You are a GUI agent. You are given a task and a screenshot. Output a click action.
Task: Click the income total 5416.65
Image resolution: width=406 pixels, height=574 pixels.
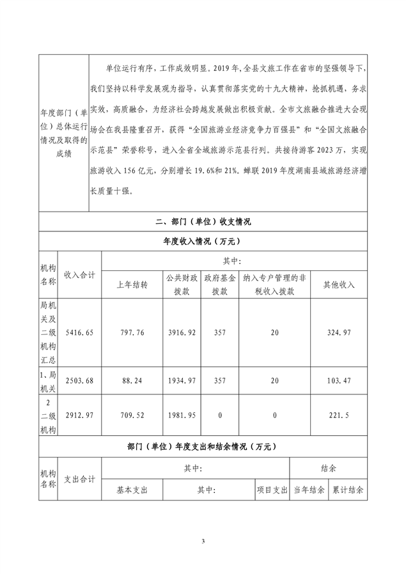(x=80, y=332)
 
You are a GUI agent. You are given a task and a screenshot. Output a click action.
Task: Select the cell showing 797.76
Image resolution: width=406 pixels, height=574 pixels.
(x=132, y=332)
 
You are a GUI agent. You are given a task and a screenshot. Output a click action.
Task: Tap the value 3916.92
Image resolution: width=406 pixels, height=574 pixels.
(x=182, y=332)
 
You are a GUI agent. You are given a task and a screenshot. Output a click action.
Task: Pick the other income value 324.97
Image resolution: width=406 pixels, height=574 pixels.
(x=339, y=332)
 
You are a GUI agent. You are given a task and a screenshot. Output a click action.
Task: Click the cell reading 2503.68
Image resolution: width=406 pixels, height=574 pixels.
(x=80, y=381)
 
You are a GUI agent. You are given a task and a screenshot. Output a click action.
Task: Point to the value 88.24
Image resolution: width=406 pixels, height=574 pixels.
(x=132, y=381)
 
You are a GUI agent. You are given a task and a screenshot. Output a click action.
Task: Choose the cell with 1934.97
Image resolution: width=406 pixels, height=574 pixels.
(x=182, y=381)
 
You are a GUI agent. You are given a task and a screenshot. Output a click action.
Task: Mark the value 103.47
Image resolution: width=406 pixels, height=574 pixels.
(x=339, y=381)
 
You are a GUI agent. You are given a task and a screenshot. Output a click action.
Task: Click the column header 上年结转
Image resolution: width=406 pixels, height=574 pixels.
(x=132, y=284)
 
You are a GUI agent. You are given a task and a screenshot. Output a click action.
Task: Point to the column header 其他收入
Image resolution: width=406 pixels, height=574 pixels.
(x=339, y=284)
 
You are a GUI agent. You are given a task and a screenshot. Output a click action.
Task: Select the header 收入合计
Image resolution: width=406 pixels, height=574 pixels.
(x=80, y=275)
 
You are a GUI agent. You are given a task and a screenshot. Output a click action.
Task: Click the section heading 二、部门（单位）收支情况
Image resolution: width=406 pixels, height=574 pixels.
(x=203, y=222)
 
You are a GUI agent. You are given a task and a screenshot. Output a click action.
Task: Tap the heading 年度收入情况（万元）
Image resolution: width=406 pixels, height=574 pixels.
(x=203, y=241)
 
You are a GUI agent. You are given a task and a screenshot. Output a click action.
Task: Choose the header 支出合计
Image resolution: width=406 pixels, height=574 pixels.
(x=80, y=479)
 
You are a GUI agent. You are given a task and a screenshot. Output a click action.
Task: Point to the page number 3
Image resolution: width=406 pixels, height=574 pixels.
(x=203, y=542)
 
